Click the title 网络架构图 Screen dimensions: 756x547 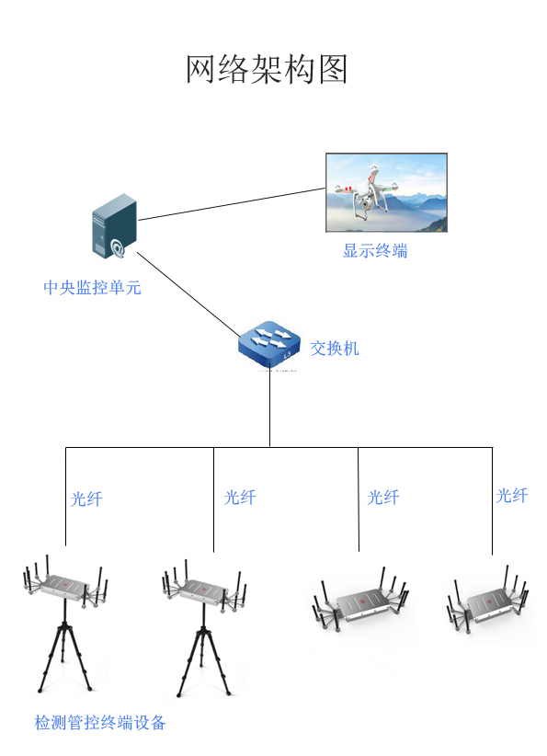268,69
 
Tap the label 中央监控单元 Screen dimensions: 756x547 92,287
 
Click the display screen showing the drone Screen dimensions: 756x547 386,192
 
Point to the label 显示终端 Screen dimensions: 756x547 375,250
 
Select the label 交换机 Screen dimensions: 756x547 334,348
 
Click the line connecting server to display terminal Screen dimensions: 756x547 232,204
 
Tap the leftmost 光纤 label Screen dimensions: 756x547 86,499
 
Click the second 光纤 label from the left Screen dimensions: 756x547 239,498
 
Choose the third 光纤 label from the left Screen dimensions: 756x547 383,498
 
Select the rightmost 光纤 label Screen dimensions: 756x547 512,496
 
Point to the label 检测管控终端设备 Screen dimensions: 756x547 100,723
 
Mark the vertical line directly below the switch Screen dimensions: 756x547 269,409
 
